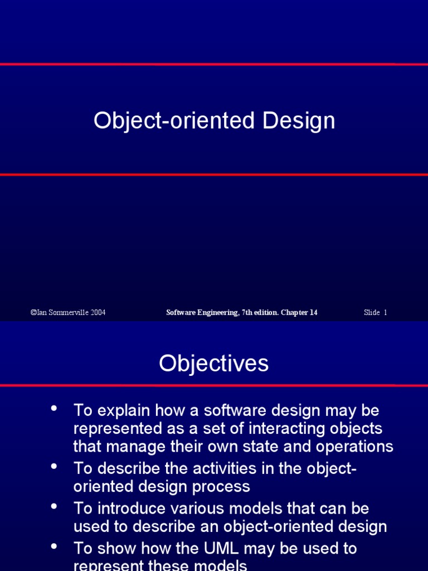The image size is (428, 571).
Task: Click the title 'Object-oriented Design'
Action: click(x=214, y=120)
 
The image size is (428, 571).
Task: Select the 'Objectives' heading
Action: click(x=214, y=364)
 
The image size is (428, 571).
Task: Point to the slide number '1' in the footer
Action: click(x=385, y=312)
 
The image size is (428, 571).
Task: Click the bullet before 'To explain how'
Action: click(x=54, y=408)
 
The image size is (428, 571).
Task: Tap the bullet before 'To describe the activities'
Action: click(x=54, y=466)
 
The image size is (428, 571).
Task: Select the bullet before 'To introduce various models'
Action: click(x=54, y=506)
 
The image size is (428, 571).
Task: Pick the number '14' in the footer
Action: click(x=313, y=312)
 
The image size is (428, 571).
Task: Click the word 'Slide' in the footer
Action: click(x=372, y=312)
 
